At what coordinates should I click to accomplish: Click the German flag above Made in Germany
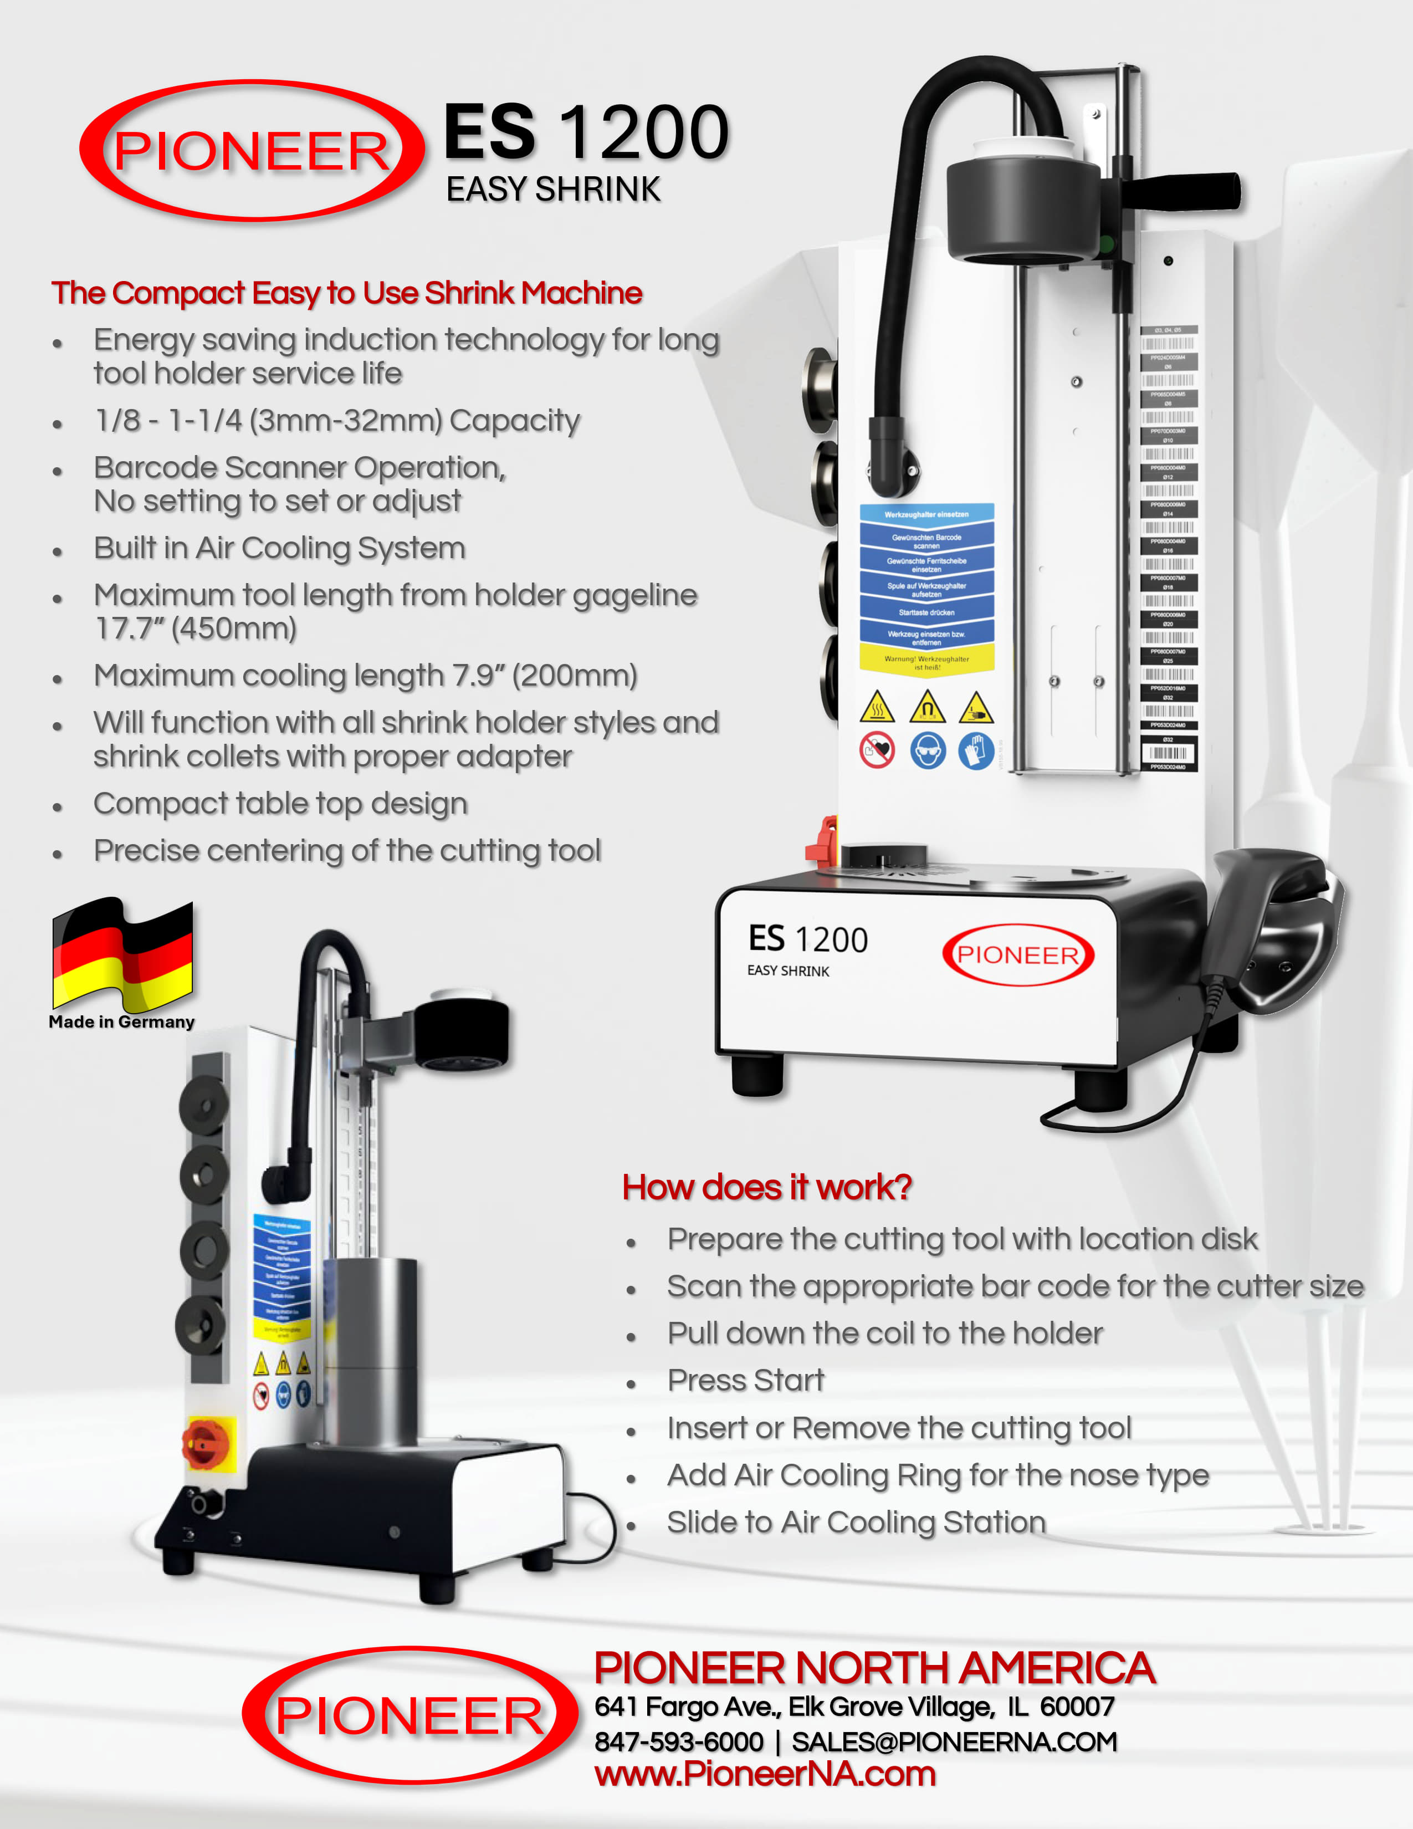click(x=123, y=955)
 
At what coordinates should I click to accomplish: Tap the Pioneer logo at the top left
click(x=251, y=151)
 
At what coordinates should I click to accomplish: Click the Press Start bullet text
click(x=745, y=1380)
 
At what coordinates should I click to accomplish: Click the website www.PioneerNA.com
click(x=764, y=1774)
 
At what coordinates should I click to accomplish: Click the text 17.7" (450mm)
click(x=196, y=628)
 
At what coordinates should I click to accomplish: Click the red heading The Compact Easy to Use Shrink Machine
click(x=346, y=293)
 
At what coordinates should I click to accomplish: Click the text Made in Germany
click(x=121, y=1021)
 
